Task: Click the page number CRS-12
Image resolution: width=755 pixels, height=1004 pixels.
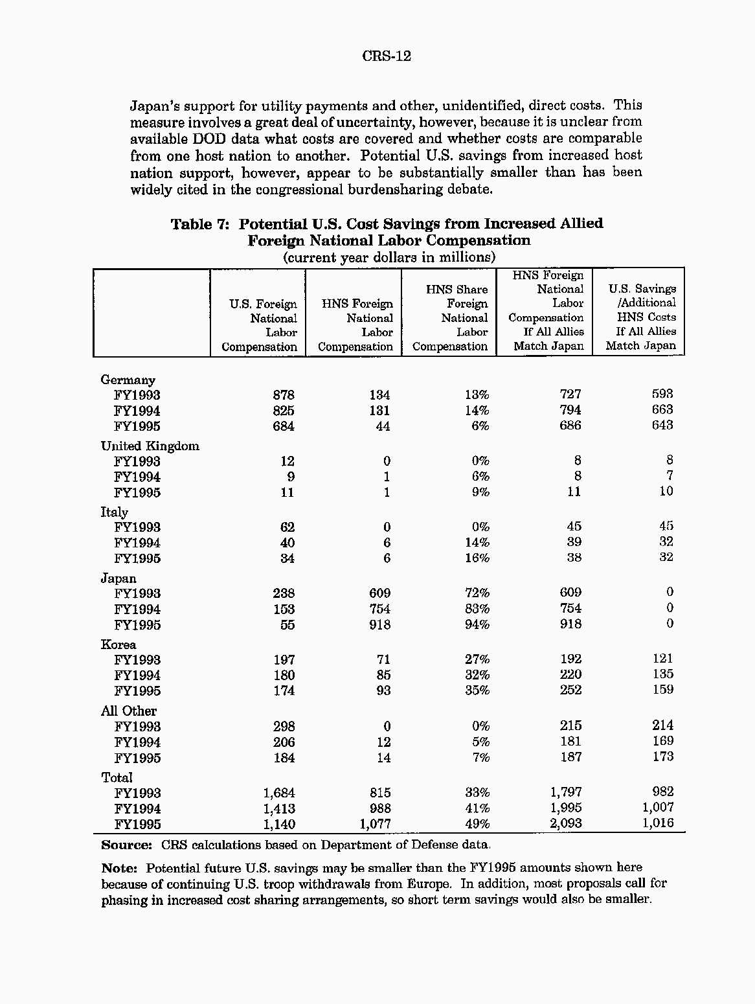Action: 387,56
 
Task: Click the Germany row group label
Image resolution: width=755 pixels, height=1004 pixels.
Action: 128,380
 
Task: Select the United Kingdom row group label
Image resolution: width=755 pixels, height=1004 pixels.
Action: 150,446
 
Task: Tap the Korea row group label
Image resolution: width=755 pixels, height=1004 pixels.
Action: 118,645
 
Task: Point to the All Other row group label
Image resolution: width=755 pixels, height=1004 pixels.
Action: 128,711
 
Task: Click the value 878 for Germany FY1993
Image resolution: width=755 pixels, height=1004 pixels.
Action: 284,395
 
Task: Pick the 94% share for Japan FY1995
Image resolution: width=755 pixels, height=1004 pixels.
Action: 477,625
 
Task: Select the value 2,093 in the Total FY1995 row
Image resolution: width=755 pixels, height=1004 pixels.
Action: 566,824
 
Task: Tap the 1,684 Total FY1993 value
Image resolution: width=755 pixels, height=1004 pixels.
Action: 279,793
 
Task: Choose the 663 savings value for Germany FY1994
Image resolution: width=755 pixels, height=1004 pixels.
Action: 662,410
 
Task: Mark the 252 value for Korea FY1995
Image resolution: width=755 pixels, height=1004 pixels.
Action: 570,690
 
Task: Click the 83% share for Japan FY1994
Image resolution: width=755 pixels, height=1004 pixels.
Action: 477,610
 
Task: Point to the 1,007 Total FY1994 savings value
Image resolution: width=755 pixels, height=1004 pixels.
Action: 658,808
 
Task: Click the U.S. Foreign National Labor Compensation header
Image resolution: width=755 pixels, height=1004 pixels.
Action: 260,325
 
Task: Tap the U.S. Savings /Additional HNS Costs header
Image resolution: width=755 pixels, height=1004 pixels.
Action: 641,317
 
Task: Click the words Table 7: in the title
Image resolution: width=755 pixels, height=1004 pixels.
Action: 200,225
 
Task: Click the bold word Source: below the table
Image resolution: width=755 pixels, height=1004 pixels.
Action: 126,845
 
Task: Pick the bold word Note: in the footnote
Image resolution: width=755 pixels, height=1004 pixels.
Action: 119,869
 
